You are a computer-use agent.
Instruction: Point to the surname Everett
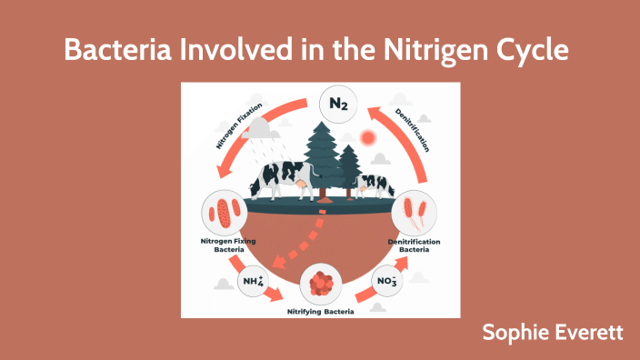click(x=591, y=332)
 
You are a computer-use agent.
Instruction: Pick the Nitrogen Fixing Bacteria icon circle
click(x=224, y=211)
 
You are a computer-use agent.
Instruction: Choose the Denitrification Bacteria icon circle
click(x=415, y=212)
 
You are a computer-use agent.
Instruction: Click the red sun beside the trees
click(x=368, y=138)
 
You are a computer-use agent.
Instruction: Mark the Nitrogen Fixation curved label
click(x=239, y=127)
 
